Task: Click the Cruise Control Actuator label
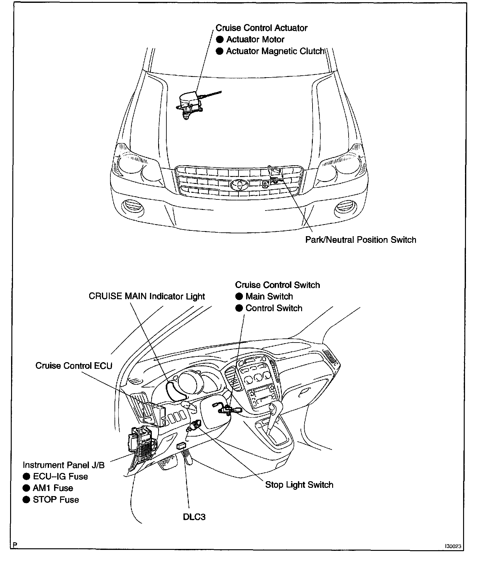point(261,28)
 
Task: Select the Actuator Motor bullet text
point(255,40)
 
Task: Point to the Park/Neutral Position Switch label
point(361,240)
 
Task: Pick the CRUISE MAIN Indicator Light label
point(147,296)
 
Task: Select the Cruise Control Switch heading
point(277,285)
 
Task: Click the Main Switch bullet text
point(269,296)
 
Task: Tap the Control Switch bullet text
point(274,308)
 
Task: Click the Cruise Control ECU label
point(74,366)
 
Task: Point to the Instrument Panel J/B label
point(64,465)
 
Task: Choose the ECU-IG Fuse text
point(60,476)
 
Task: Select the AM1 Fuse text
point(53,488)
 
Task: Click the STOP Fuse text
point(56,500)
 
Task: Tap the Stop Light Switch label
point(299,485)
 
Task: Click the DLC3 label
point(194,517)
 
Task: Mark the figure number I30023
point(453,546)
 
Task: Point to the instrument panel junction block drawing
point(142,443)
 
